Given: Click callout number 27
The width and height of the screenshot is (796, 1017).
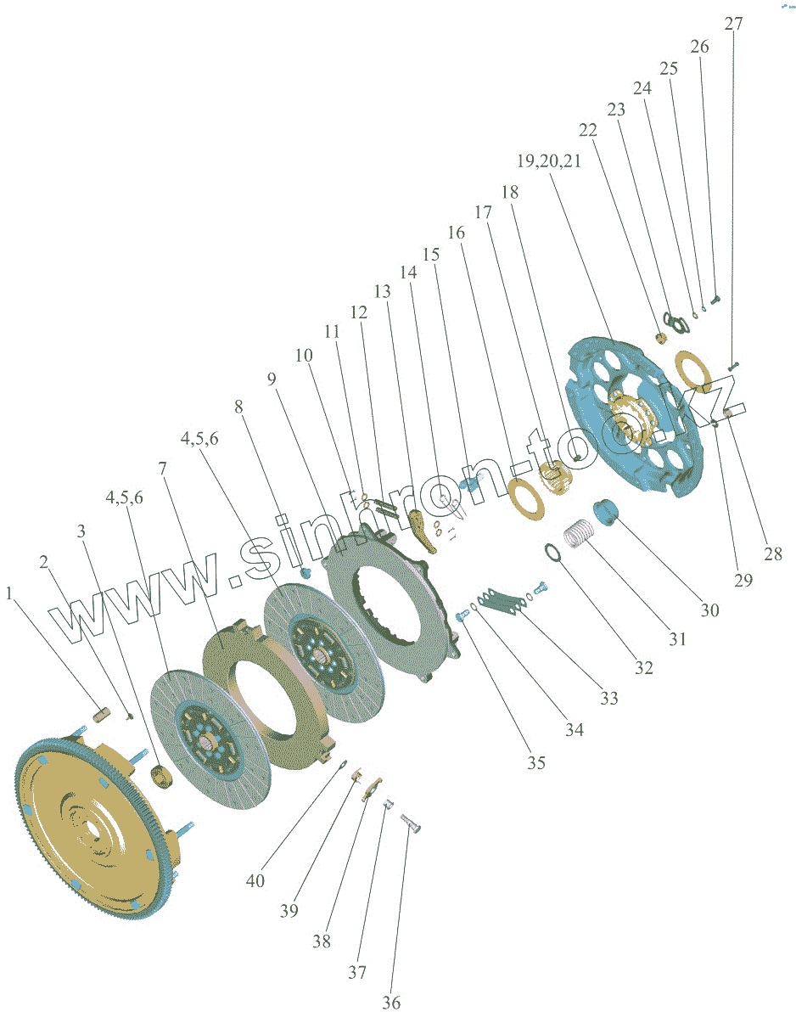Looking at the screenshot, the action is pos(733,23).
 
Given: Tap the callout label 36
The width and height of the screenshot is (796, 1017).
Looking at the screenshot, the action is pos(390,1003).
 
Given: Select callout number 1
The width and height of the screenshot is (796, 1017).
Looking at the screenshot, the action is pos(10,594).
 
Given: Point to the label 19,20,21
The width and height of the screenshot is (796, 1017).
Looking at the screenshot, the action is pos(549,161).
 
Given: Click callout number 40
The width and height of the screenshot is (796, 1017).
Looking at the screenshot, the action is pos(255,880).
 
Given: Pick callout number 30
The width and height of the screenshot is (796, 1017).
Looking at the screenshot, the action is pos(709,610).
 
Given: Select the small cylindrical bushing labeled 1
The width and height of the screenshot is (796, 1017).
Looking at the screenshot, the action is pos(103,715).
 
